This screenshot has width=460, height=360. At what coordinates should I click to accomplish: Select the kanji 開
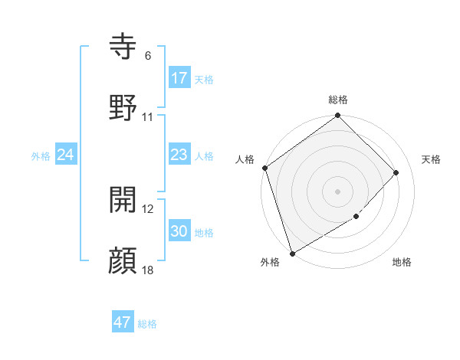pos(124,200)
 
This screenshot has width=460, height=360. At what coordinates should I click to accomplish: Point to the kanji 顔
pos(124,260)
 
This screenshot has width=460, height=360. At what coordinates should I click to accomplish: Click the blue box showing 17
pos(179,78)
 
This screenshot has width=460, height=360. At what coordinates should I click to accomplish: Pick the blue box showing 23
pos(179,155)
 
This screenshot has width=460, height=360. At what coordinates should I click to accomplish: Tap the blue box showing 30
pos(179,231)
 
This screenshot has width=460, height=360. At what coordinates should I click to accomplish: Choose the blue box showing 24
pos(66,155)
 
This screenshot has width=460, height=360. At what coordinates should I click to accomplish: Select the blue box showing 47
pos(123,322)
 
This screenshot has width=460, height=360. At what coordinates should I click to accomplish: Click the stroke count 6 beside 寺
pos(148,56)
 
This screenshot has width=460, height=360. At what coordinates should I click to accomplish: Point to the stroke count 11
pos(148,117)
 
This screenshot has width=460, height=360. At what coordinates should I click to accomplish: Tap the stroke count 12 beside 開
pos(148,209)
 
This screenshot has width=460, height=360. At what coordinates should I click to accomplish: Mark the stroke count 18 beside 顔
pos(148,270)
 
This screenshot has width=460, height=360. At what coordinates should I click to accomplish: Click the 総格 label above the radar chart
pos(338,100)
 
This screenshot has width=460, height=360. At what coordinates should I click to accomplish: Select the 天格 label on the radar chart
pos(431,159)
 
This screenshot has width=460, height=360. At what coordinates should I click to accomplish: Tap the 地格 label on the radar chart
pos(402,262)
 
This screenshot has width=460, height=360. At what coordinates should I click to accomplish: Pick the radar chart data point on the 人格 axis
pos(265,169)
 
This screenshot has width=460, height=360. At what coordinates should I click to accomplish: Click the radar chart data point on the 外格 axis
pos(291,254)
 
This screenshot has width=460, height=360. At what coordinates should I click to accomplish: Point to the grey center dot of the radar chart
pos(338,191)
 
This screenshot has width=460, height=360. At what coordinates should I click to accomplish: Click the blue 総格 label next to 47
pos(147,324)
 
